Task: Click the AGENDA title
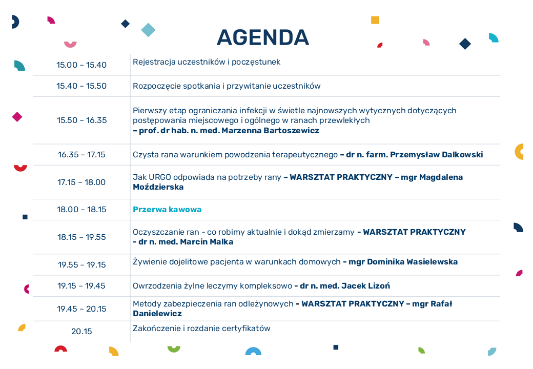pos(263,37)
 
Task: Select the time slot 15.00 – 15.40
pos(81,65)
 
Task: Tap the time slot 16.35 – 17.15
pos(81,155)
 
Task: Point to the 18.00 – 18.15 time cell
pos(81,209)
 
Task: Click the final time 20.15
pos(81,331)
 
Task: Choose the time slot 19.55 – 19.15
pos(82,264)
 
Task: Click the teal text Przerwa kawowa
pos(167,209)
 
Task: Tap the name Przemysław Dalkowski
pos(437,155)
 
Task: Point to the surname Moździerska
pos(158,187)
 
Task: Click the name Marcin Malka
pos(207,242)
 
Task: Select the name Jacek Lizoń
pos(365,286)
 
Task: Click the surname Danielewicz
pos(157,314)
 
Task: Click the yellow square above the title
pos(375,20)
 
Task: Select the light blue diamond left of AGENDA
pos(148,30)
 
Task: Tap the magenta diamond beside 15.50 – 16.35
pos(17,117)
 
